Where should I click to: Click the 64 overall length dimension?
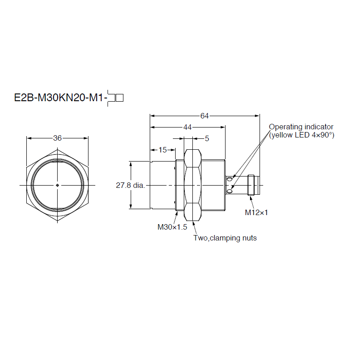tap(204, 116)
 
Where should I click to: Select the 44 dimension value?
tap(187, 128)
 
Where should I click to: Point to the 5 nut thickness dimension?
tap(207, 138)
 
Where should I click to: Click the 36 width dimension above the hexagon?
tap(57, 138)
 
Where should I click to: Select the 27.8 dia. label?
tap(130, 185)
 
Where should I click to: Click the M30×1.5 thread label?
tap(172, 227)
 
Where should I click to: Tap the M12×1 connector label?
tap(256, 212)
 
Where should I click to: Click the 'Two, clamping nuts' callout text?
tap(225, 238)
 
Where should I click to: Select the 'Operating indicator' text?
tap(301, 127)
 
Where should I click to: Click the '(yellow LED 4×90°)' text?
tap(301, 135)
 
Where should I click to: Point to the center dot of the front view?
tap(57, 185)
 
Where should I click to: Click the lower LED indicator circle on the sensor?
tap(230, 191)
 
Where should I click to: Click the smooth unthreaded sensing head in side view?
tap(162, 185)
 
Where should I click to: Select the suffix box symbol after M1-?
tap(115, 98)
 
